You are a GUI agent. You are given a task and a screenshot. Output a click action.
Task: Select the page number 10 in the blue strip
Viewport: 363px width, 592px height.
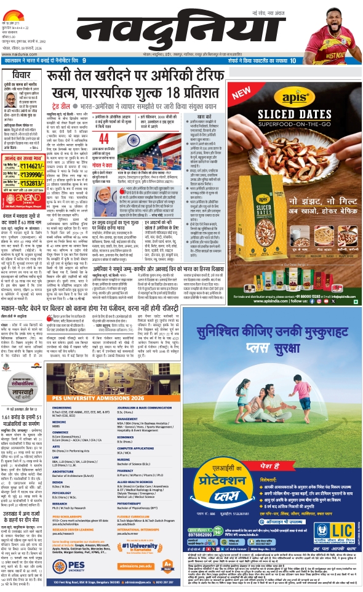point(293,60)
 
